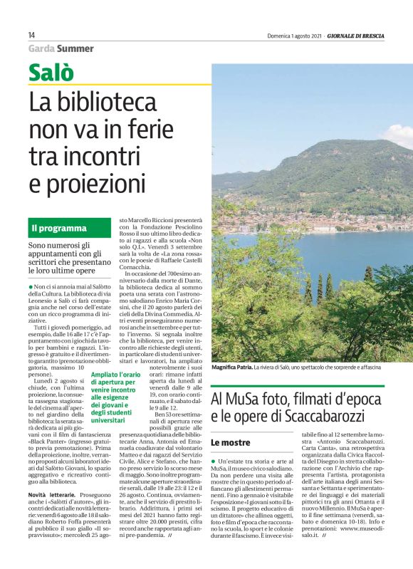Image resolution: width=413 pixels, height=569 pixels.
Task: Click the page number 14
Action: tap(31, 35)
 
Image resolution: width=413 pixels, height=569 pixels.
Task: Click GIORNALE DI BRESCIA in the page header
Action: tap(374, 35)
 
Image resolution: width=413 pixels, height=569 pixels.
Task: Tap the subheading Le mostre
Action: tap(229, 442)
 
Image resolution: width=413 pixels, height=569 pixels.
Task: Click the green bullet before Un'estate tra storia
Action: tap(214, 463)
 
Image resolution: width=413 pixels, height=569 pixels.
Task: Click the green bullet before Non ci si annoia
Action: tap(31, 286)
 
